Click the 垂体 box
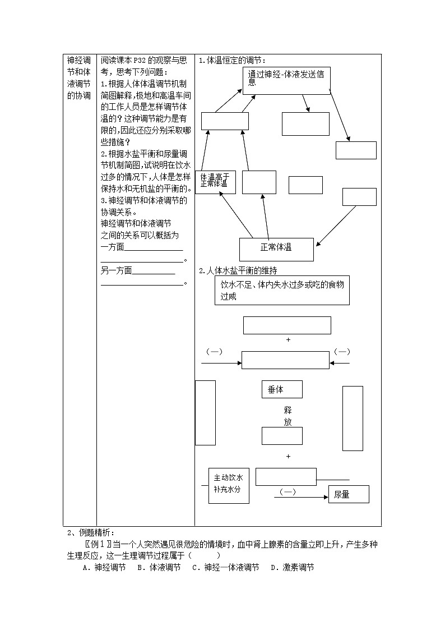(282, 389)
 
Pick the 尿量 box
(348, 494)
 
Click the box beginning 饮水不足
(282, 291)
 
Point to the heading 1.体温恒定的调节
(233, 61)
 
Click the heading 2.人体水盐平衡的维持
(238, 270)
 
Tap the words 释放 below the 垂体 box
(288, 416)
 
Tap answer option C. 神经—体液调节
(225, 568)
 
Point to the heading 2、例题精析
(90, 532)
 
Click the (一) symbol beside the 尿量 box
(287, 491)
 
